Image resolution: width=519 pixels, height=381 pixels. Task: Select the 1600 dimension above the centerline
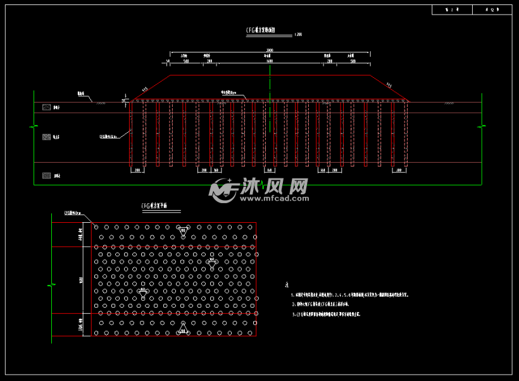[270, 61]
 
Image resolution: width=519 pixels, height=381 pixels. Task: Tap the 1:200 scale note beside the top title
[299, 35]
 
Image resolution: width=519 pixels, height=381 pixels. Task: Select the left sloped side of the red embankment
[149, 87]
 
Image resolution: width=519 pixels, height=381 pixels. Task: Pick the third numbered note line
[348, 314]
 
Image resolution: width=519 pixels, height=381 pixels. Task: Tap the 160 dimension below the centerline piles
[270, 170]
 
